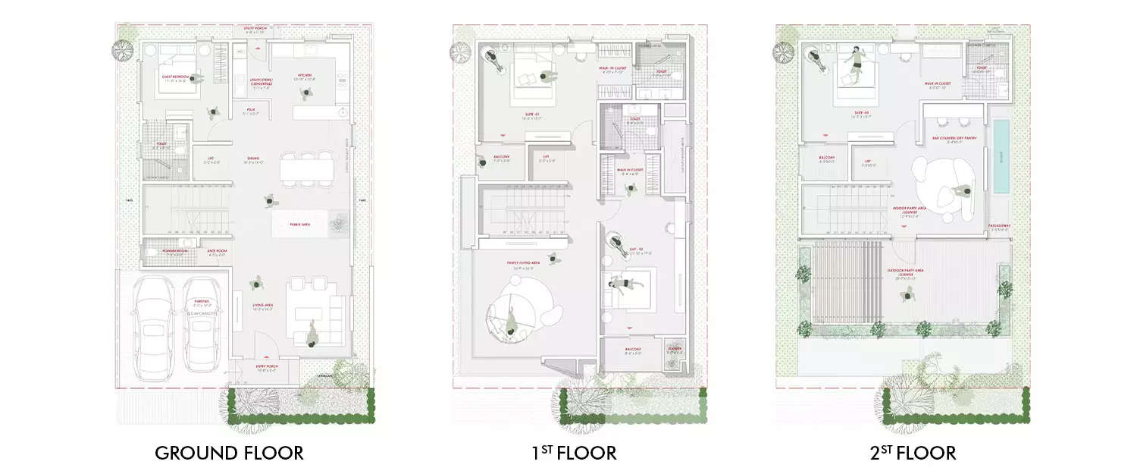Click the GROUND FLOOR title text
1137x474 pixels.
click(229, 454)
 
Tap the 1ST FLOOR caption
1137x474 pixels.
click(574, 454)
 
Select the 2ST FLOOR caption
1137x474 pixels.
click(913, 454)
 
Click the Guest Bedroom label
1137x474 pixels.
click(176, 78)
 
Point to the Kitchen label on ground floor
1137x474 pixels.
click(305, 77)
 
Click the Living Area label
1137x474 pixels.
click(262, 307)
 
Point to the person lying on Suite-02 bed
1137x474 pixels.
click(621, 285)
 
